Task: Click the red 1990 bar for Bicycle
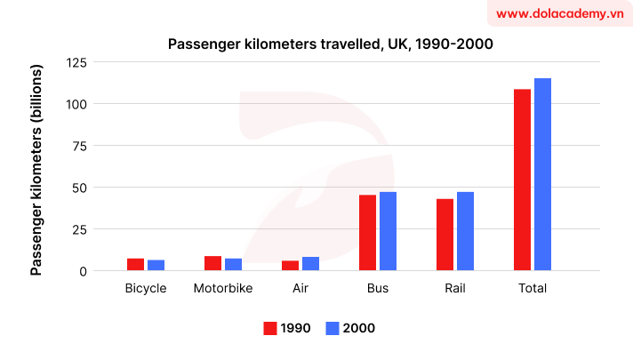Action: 135,264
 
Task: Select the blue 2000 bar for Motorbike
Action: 233,264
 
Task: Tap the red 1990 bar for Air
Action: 291,265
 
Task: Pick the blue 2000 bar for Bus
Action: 388,231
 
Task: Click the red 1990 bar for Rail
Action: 445,235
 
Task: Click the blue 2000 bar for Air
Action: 310,263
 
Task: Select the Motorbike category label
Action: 222,289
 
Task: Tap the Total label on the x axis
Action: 533,289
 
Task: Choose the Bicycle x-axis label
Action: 146,289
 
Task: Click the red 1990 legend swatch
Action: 270,328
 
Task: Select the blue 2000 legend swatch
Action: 333,328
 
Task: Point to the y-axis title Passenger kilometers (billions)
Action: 36,169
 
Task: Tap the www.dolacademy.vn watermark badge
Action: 557,14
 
